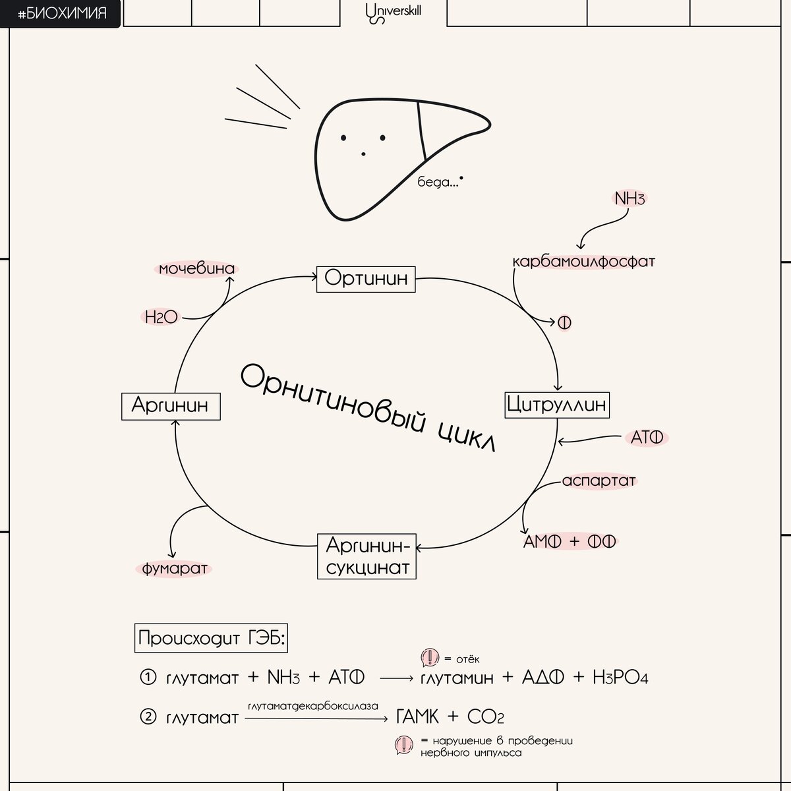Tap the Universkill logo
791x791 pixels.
pyautogui.click(x=393, y=13)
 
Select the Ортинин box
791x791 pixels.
pyautogui.click(x=366, y=279)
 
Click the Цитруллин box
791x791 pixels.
pyautogui.click(x=557, y=404)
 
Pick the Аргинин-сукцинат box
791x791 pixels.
pyautogui.click(x=368, y=556)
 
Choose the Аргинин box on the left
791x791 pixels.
pyautogui.click(x=170, y=405)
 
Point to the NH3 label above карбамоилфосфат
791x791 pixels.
pyautogui.click(x=629, y=198)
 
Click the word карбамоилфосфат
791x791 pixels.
pyautogui.click(x=584, y=262)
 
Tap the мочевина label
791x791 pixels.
pyautogui.click(x=196, y=269)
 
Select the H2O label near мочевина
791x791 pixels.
pyautogui.click(x=161, y=317)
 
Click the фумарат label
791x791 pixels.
pyautogui.click(x=175, y=568)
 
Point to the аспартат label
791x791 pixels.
pyautogui.click(x=599, y=481)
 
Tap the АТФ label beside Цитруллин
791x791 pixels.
pyautogui.click(x=646, y=438)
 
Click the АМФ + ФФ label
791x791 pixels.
pyautogui.click(x=570, y=542)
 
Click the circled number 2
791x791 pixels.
pyautogui.click(x=148, y=717)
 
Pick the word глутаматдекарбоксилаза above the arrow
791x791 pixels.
pyautogui.click(x=314, y=706)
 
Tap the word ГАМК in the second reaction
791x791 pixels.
pyautogui.click(x=418, y=717)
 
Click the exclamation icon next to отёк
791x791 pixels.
pyautogui.click(x=430, y=658)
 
